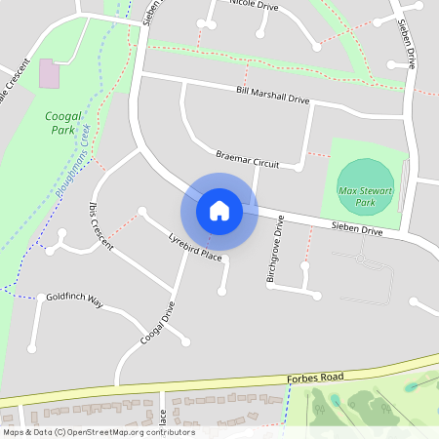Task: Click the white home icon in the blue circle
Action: pos(219,210)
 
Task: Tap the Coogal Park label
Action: pos(62,122)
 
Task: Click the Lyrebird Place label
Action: pos(195,246)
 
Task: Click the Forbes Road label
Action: pos(317,377)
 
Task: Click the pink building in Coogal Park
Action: pos(47,71)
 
